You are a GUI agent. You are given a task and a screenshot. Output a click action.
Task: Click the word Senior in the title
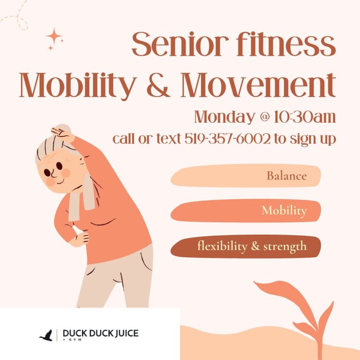pos(180,45)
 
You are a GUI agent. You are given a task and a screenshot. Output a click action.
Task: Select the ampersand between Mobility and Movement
pos(158,84)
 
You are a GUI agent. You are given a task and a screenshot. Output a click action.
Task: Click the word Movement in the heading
pos(258,84)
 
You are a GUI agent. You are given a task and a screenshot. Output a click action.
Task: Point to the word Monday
pos(225,117)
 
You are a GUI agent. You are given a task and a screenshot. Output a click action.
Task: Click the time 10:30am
pos(305,117)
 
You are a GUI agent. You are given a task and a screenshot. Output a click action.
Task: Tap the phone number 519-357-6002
pos(227,139)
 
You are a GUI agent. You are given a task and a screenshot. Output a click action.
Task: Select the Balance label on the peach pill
pos(286,176)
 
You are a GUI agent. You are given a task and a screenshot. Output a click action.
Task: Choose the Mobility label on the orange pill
pos(284,210)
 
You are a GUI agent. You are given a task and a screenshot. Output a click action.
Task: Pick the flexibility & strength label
pos(252,246)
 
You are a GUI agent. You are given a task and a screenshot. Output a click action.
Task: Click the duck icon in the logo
pos(46,336)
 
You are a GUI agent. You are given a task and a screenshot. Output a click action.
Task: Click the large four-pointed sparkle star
pos(54,36)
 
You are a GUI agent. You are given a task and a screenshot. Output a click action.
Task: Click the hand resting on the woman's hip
pos(82,239)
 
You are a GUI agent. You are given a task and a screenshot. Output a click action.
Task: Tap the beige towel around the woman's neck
pos(82,197)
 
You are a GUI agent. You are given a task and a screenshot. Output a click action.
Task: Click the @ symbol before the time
pos(264,117)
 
